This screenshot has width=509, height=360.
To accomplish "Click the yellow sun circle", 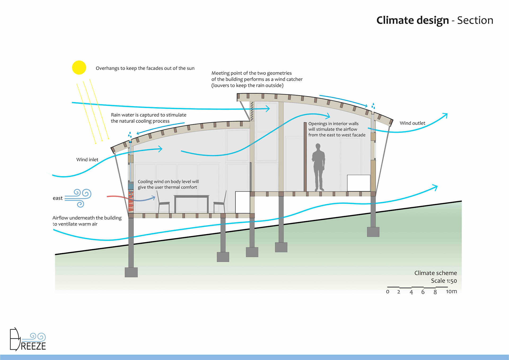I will (x=79, y=67).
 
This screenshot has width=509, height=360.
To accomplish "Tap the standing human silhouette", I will (x=318, y=167).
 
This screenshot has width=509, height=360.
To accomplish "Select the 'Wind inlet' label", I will (x=87, y=159).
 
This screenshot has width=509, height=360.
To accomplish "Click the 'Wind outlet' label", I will (x=412, y=123).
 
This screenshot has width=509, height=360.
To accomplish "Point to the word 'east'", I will (x=58, y=198).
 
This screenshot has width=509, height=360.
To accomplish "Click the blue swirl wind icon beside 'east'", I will (x=79, y=198).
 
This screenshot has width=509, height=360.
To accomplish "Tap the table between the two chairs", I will (x=191, y=198).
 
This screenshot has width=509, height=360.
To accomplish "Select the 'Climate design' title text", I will (x=413, y=20).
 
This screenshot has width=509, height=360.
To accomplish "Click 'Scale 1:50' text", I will (x=444, y=281).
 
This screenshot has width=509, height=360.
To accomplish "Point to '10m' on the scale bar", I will (x=451, y=291).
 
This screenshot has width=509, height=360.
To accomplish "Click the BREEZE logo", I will (x=28, y=340).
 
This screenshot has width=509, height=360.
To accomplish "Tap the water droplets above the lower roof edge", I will (x=130, y=135).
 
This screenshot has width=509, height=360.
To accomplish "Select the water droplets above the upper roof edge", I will (x=373, y=106).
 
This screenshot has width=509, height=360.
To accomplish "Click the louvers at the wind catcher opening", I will (x=252, y=111).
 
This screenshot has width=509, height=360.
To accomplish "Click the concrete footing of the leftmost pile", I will (x=131, y=272).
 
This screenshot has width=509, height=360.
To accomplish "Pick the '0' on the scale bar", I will (x=388, y=292).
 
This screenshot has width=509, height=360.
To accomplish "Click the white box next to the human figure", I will (x=359, y=183).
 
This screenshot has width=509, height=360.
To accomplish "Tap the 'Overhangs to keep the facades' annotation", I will (x=145, y=68).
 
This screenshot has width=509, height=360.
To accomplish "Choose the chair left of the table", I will (x=163, y=203).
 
